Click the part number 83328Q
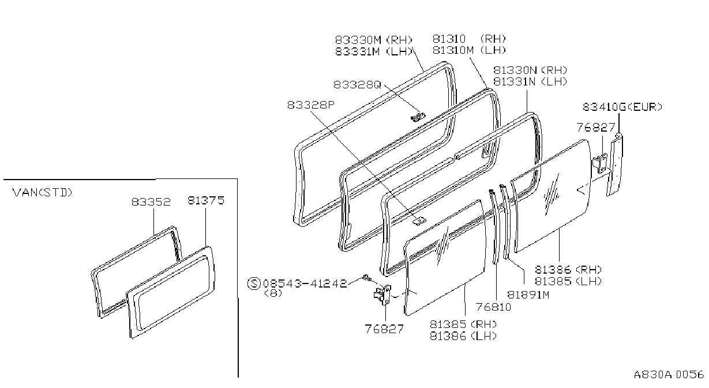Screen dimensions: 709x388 tap(357, 85)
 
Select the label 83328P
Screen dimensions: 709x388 tap(311, 105)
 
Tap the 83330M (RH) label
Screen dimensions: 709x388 tap(374, 40)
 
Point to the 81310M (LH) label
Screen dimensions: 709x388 tap(470, 50)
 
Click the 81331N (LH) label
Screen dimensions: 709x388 tap(531, 81)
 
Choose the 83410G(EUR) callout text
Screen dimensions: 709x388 tap(622, 107)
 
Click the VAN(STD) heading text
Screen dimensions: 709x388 tap(43, 192)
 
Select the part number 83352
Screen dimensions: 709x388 tap(151, 202)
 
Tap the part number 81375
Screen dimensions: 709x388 tap(206, 200)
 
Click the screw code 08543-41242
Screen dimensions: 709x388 tap(305, 283)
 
